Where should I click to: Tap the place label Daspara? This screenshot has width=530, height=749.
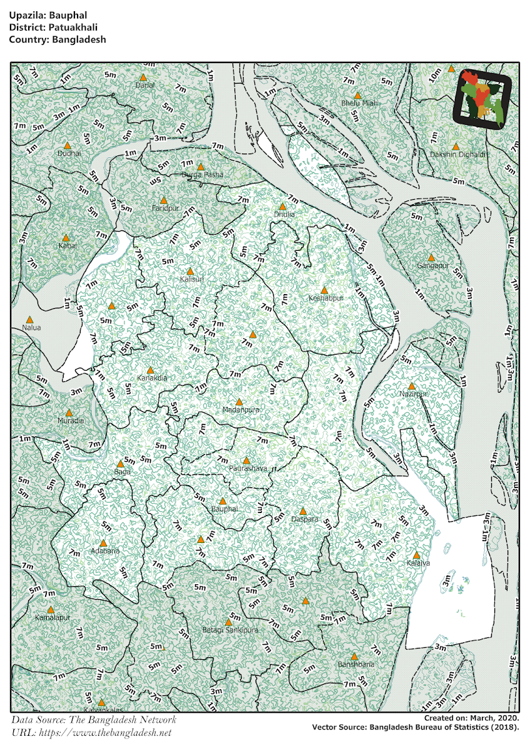click(x=305, y=519)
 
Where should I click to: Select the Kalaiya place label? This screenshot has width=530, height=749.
click(x=417, y=563)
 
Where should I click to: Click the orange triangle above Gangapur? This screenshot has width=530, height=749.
click(x=431, y=257)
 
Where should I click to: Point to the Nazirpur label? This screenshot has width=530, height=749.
click(x=414, y=394)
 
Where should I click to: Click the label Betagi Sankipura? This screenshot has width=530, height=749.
click(x=230, y=630)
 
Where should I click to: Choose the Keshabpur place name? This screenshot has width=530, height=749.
click(x=326, y=298)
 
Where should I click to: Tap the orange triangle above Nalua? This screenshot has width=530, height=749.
click(x=29, y=319)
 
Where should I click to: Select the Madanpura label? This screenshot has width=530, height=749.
click(x=241, y=410)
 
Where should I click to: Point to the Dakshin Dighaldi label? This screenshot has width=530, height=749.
click(x=457, y=154)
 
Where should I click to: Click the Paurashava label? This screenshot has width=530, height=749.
click(x=248, y=468)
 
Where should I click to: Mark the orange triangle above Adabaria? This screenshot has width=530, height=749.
click(x=103, y=543)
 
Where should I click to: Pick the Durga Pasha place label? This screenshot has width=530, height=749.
click(x=202, y=175)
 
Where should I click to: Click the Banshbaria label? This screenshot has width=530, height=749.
click(x=356, y=665)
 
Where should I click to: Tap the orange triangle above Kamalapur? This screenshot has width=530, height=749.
click(x=51, y=609)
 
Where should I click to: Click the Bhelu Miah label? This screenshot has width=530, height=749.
click(x=359, y=103)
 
